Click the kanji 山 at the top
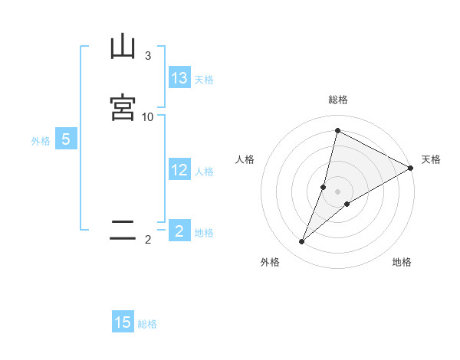(123, 47)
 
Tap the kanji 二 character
(123, 231)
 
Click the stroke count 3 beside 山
(148, 55)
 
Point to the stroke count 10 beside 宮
(148, 116)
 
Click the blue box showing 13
(179, 78)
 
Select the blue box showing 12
(179, 170)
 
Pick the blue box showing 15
(123, 322)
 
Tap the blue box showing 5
(66, 139)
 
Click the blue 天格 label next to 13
(204, 80)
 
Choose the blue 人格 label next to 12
(204, 172)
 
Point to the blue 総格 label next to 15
(147, 324)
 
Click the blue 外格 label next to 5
(41, 141)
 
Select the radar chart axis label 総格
(338, 100)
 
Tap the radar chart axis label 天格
(431, 159)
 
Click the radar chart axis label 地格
(402, 262)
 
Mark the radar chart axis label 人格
(245, 159)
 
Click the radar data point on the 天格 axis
(411, 168)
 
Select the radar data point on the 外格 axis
(302, 242)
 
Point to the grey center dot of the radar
(338, 191)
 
